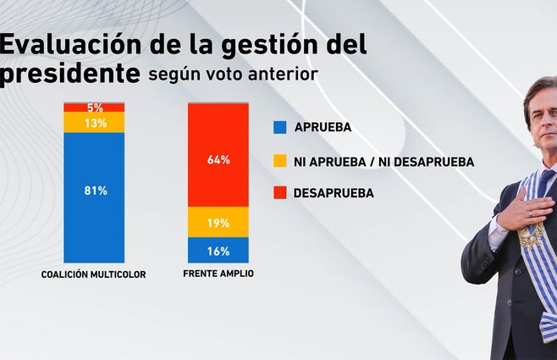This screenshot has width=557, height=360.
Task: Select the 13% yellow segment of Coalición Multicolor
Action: tap(94, 122)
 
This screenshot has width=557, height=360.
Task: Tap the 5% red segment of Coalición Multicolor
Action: tap(94, 108)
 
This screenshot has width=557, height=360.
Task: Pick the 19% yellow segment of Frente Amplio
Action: tap(218, 222)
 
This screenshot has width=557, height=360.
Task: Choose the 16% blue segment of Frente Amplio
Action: tap(218, 250)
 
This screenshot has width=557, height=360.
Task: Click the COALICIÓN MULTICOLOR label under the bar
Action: tap(94, 274)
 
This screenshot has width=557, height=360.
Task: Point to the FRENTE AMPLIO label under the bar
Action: tap(218, 274)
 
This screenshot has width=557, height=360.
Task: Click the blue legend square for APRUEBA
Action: tap(279, 128)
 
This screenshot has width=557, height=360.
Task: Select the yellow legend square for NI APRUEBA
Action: tap(279, 160)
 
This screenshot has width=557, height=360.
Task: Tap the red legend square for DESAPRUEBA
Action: tap(279, 192)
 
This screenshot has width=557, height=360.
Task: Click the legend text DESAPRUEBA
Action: tap(334, 193)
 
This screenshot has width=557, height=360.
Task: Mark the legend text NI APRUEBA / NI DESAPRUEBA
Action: tap(383, 161)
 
